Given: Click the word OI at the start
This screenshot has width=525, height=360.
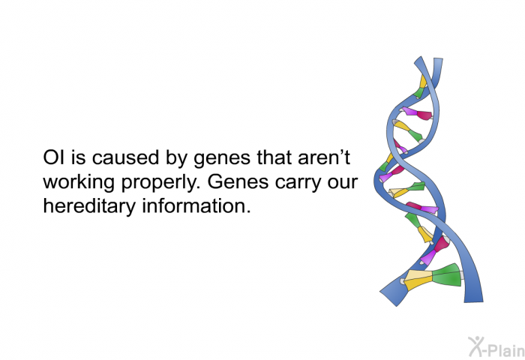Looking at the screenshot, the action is [x=54, y=157].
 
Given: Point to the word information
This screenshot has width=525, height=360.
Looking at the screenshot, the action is [x=196, y=206].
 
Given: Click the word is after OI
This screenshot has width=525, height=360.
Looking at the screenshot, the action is [x=78, y=157].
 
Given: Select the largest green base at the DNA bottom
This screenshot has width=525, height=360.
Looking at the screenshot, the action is [x=447, y=275].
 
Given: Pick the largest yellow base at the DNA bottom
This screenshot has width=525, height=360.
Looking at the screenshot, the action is [x=418, y=279].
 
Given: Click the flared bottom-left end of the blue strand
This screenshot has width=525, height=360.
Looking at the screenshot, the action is [x=392, y=295].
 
